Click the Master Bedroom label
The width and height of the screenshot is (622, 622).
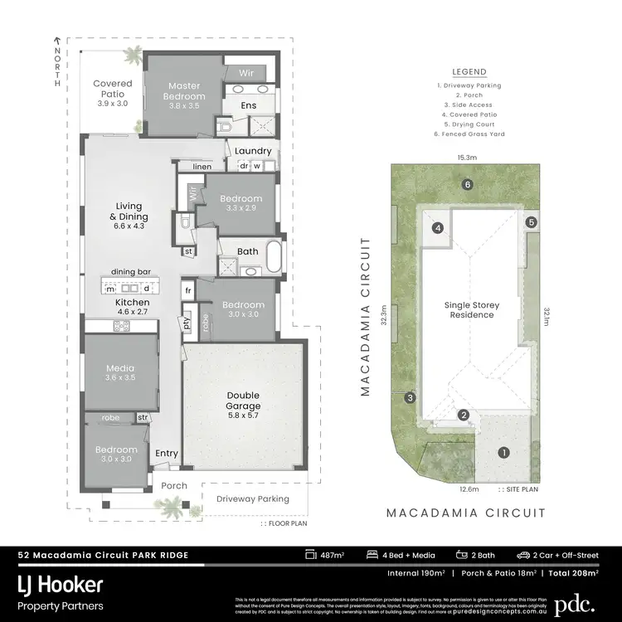[x=186, y=91]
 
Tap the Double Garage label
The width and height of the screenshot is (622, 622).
[x=243, y=401]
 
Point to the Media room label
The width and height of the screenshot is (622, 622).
[x=120, y=372]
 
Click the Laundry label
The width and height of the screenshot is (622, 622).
[x=253, y=150]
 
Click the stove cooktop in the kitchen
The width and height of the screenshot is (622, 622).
[x=121, y=325]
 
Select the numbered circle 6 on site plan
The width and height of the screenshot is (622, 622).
[x=468, y=184]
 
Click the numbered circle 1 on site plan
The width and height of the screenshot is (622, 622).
[x=503, y=452]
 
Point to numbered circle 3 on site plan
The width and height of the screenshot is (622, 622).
[x=410, y=398]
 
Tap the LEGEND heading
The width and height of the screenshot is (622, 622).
[x=469, y=72]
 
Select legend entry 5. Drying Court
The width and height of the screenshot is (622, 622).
[x=469, y=124]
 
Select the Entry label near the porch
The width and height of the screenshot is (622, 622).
[x=167, y=454]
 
